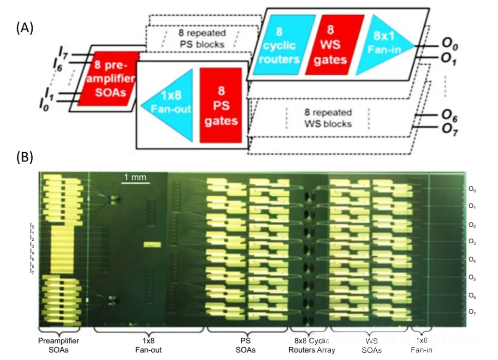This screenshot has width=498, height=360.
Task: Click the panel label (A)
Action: (24, 28)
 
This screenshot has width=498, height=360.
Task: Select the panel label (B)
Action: (24, 157)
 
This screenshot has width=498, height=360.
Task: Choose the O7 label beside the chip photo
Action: (472, 312)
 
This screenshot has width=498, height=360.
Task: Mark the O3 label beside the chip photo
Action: (472, 241)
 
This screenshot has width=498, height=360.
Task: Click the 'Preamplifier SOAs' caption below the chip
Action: (58, 345)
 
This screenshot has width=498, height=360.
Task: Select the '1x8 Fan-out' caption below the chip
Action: (148, 345)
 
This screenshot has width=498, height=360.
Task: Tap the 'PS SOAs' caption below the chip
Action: (245, 345)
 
